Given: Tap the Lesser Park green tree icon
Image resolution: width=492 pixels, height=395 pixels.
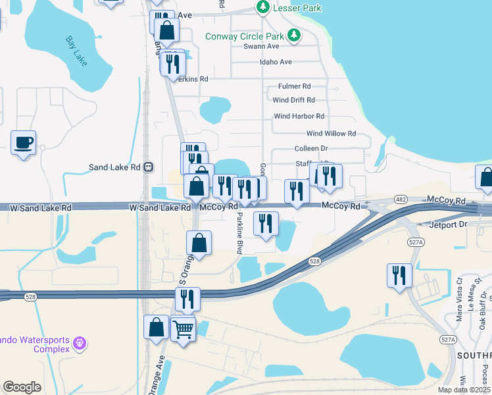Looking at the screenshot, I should click(x=263, y=7).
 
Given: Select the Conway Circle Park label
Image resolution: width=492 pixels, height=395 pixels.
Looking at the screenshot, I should click(x=245, y=36).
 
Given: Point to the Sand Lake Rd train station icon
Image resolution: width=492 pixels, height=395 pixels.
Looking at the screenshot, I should click(x=149, y=167).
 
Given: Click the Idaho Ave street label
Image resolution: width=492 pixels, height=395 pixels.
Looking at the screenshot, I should click(x=276, y=62).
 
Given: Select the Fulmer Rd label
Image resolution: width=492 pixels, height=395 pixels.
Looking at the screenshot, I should click(x=294, y=86).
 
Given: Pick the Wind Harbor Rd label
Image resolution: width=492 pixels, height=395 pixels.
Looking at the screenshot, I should click(x=299, y=116).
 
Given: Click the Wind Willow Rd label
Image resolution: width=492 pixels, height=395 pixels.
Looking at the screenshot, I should click(x=331, y=133).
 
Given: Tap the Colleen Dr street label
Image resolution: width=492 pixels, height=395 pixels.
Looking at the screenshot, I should click(x=311, y=149).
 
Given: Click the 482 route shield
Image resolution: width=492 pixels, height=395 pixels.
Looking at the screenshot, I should click(x=401, y=199).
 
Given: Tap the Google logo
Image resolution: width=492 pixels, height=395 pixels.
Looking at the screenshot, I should click(x=22, y=387).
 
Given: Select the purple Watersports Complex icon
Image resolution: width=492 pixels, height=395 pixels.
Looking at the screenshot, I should click(x=80, y=343).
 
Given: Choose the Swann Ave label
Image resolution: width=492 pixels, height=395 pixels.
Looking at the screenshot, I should click(x=261, y=46).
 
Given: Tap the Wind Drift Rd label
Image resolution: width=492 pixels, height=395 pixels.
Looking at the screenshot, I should click(x=293, y=100).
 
